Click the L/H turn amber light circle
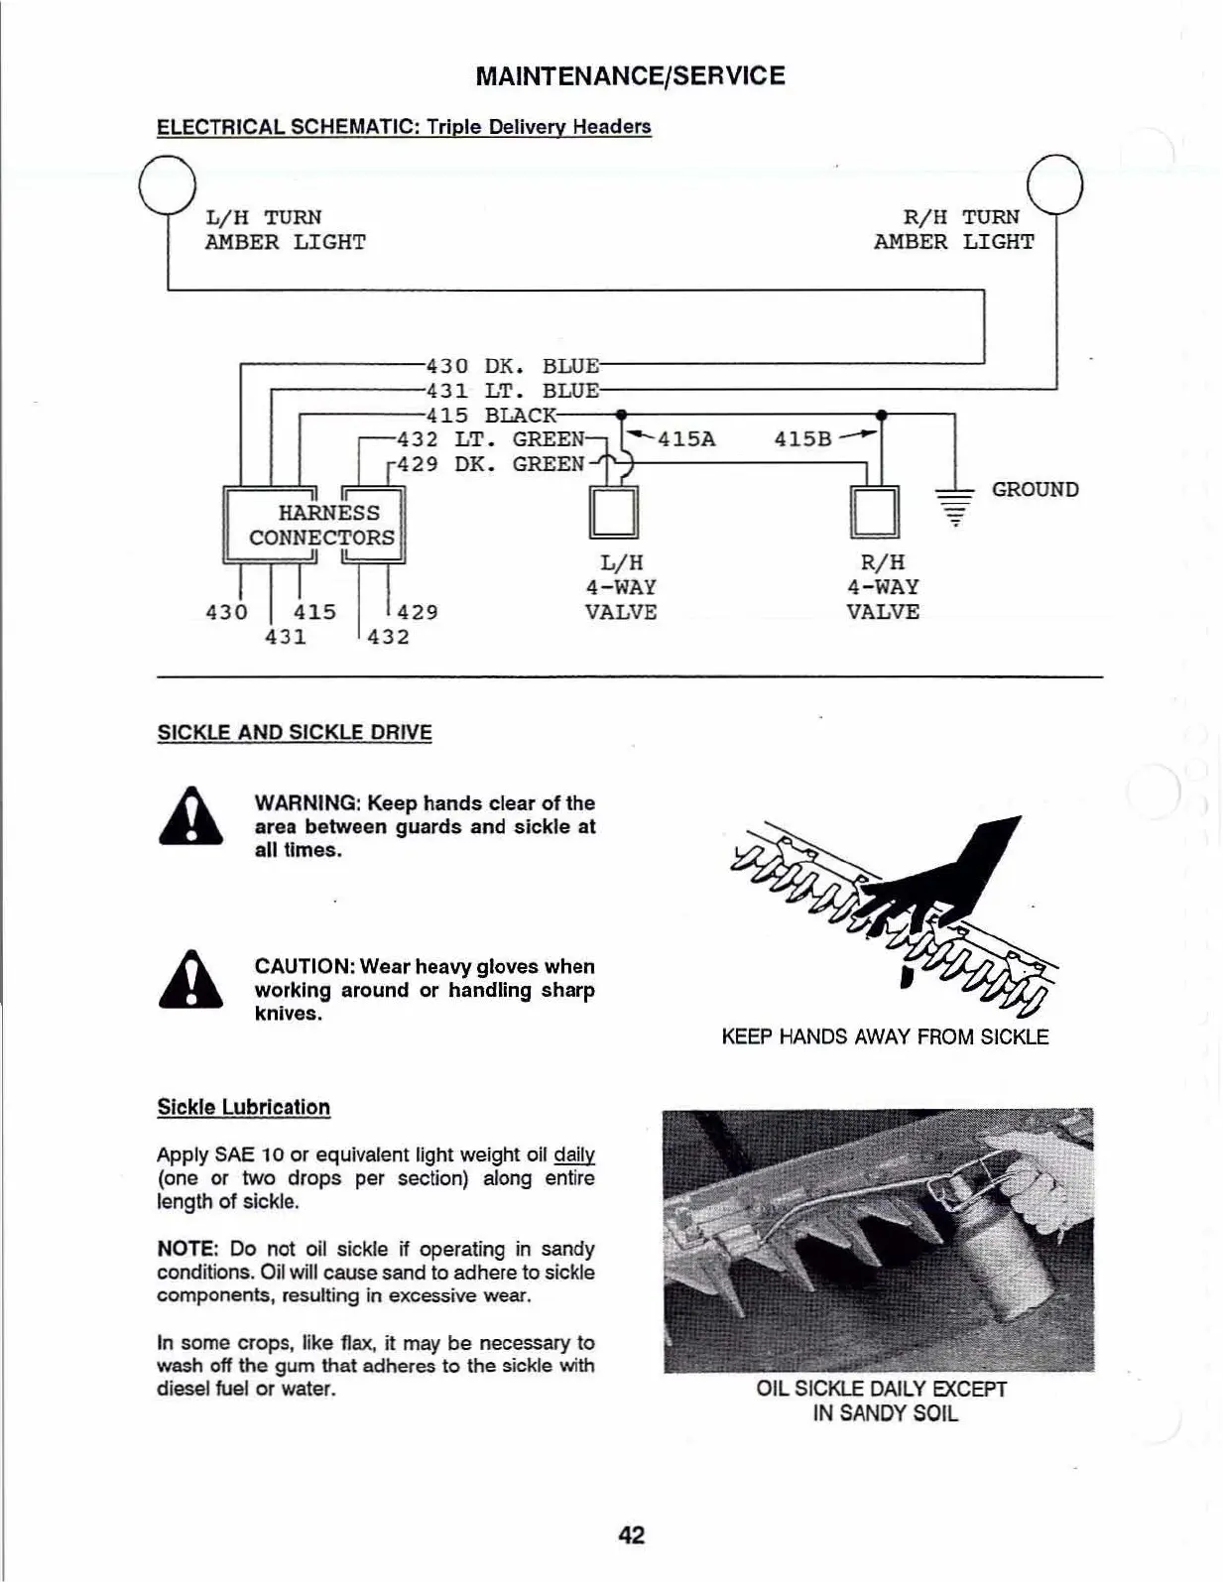tap(167, 185)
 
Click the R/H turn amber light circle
tap(1055, 185)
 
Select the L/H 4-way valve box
tap(612, 512)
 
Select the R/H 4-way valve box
tap(875, 512)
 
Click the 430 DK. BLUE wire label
tap(512, 366)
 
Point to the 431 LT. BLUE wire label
tap(512, 391)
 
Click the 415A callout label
tap(686, 439)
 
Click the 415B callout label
tap(802, 439)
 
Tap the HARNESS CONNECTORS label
tap(321, 526)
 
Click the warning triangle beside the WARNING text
tap(190, 816)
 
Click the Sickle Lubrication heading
tap(244, 1108)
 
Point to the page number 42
tap(631, 1534)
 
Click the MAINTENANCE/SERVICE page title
tap(631, 76)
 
